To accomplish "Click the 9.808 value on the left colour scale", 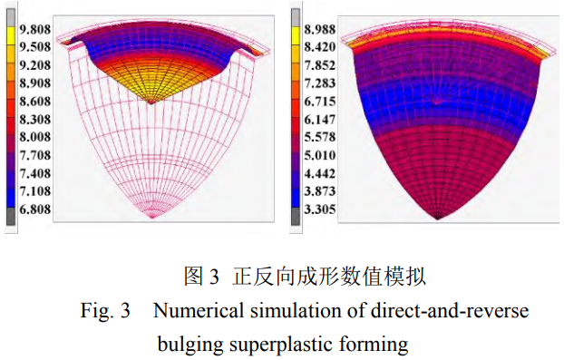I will [x=34, y=28].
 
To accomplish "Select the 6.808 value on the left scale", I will [x=34, y=209].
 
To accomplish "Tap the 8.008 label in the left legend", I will [x=34, y=137].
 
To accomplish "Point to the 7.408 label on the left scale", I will [x=34, y=173].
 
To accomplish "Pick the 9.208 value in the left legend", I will [x=34, y=64].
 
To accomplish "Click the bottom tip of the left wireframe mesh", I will [x=153, y=218].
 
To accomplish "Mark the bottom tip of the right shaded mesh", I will [x=438, y=218].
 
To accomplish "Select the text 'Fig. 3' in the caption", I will [x=105, y=311].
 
